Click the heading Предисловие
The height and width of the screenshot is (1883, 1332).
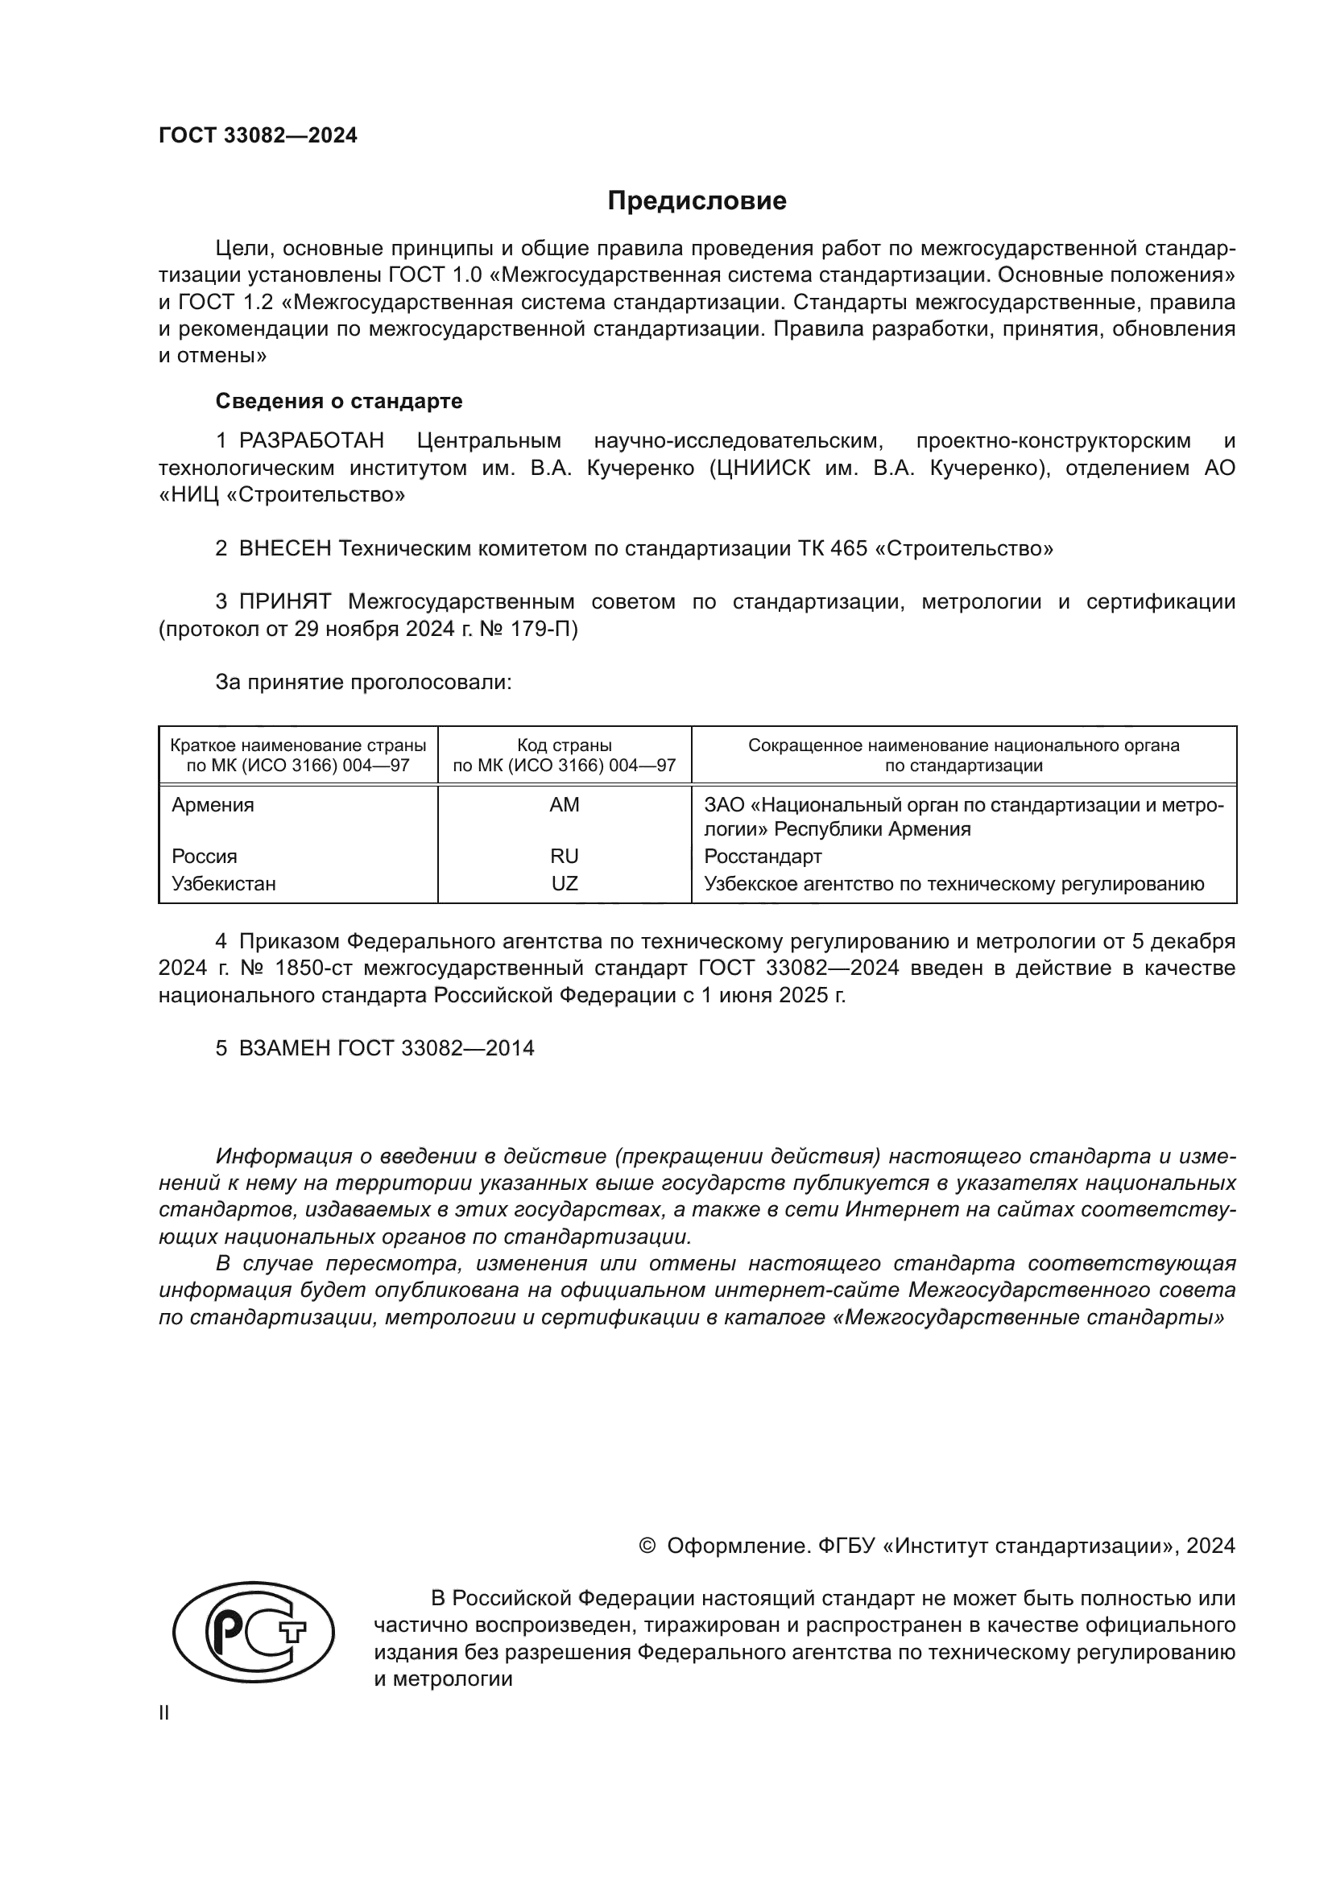pyautogui.click(x=697, y=201)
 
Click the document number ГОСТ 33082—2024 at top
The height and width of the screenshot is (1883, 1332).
pyautogui.click(x=258, y=136)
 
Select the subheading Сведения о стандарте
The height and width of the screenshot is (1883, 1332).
pyautogui.click(x=339, y=401)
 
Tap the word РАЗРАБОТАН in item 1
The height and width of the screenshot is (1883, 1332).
pyautogui.click(x=312, y=441)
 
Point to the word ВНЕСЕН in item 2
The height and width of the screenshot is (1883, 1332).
pyautogui.click(x=284, y=549)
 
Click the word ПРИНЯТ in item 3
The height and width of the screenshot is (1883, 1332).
pyautogui.click(x=284, y=602)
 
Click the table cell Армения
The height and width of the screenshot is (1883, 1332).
pyautogui.click(x=213, y=805)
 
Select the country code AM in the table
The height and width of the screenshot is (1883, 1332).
pyautogui.click(x=565, y=805)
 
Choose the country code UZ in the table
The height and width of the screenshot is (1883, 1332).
pyautogui.click(x=565, y=884)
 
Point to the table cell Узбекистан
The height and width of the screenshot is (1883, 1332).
pyautogui.click(x=224, y=884)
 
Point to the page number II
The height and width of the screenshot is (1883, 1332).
pyautogui.click(x=164, y=1712)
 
